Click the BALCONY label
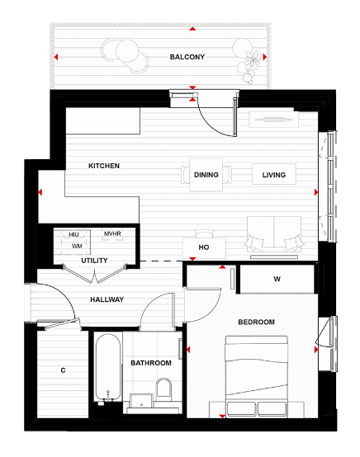[x=187, y=57]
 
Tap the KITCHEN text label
[x=104, y=166]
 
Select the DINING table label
[x=206, y=175]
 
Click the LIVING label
[x=273, y=175]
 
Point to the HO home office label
[x=203, y=247]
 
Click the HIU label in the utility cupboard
[x=74, y=235]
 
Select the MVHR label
[x=112, y=235]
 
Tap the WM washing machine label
[x=76, y=246]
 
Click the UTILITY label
[x=93, y=261]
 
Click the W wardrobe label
[x=277, y=278]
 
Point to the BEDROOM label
[x=256, y=322]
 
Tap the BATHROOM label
[x=151, y=363]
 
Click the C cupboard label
[x=63, y=370]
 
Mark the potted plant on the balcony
[x=250, y=61]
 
